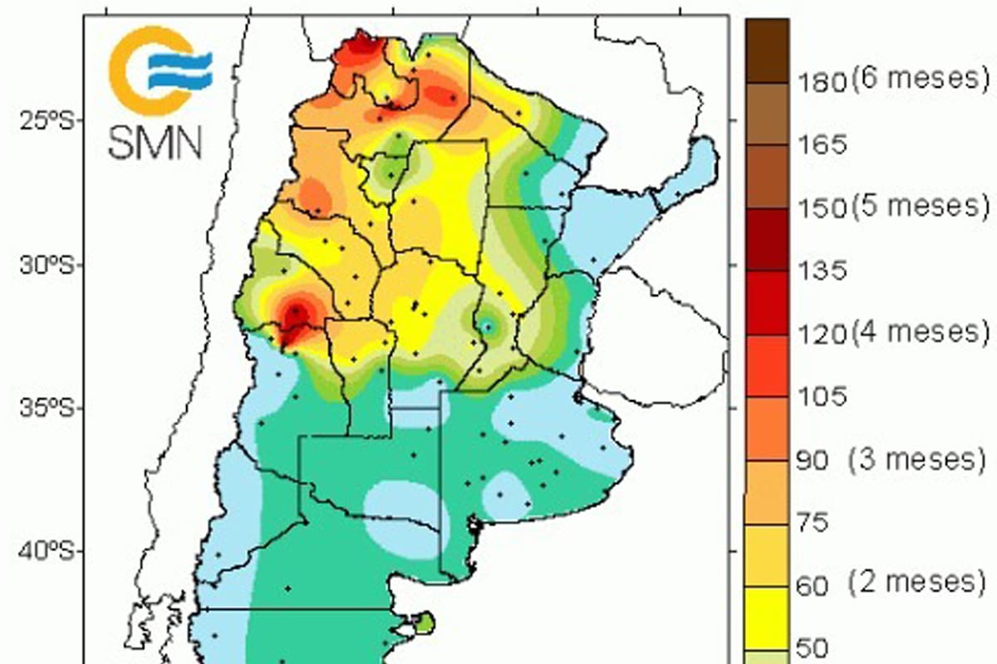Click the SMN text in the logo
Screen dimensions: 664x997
tap(155, 142)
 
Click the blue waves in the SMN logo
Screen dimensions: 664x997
tap(182, 71)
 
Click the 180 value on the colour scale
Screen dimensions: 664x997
tap(821, 81)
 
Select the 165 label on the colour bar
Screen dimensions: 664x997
tap(821, 144)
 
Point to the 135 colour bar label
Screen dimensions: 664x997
tap(821, 271)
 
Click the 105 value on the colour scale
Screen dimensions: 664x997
tap(821, 396)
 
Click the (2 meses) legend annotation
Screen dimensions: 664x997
tap(917, 582)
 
